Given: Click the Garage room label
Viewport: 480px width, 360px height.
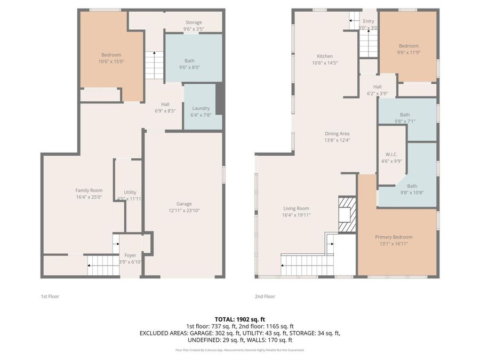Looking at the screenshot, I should pyautogui.click(x=184, y=204).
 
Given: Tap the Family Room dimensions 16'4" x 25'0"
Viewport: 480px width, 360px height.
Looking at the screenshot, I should pyautogui.click(x=89, y=197).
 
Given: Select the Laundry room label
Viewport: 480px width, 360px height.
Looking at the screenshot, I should pyautogui.click(x=201, y=108).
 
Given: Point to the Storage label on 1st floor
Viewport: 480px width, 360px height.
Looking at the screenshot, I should pyautogui.click(x=193, y=22).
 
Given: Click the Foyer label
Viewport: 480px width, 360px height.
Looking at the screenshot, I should pyautogui.click(x=130, y=255).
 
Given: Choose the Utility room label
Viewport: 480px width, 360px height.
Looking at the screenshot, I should pyautogui.click(x=130, y=192).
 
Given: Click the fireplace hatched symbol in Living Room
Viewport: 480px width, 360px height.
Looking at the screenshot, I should pyautogui.click(x=346, y=214).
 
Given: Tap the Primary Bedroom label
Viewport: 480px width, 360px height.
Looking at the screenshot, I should pyautogui.click(x=394, y=237).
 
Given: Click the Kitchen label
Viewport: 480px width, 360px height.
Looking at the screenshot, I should pyautogui.click(x=325, y=56).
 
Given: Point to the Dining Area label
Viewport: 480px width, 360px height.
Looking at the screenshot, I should pyautogui.click(x=337, y=134).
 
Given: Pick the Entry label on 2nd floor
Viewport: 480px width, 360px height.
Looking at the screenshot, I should pyautogui.click(x=369, y=21).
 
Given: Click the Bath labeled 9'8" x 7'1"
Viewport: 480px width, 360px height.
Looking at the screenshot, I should pyautogui.click(x=405, y=115).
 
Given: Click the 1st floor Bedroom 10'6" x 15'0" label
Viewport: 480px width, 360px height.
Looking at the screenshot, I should pyautogui.click(x=111, y=55).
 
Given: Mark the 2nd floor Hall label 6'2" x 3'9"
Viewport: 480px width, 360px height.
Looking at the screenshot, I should pyautogui.click(x=377, y=87).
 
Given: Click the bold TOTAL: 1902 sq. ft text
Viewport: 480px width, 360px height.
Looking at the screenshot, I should pyautogui.click(x=240, y=319).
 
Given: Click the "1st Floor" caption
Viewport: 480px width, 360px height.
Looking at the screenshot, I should pyautogui.click(x=50, y=296).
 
